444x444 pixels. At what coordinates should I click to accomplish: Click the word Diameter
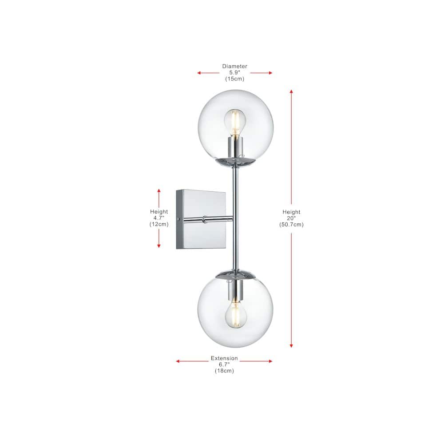click(234, 66)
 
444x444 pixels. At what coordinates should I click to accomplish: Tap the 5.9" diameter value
click(235, 72)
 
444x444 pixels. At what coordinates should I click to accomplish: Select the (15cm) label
click(235, 79)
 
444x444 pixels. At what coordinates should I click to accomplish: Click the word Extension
click(224, 358)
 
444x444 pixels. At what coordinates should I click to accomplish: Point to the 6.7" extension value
click(224, 365)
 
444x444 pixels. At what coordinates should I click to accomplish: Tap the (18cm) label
click(224, 371)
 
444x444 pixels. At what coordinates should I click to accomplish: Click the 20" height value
click(291, 218)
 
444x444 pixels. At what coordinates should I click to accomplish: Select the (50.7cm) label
click(291, 225)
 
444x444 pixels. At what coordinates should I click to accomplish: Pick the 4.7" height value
click(159, 218)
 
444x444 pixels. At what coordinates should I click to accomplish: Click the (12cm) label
click(159, 224)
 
